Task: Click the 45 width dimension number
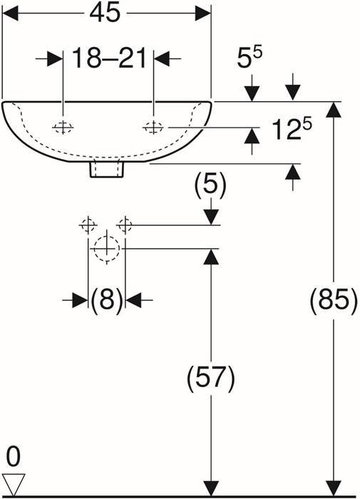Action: point(105,14)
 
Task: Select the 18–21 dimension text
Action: point(109,58)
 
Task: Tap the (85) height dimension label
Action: point(334,299)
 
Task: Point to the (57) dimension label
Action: point(211,377)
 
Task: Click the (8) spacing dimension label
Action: point(107,299)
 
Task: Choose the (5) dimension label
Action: point(211,184)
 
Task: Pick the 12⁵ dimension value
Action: point(292,128)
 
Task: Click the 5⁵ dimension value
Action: point(250,58)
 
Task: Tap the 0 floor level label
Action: point(14,457)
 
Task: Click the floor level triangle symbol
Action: point(14,484)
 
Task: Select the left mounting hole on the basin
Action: point(63,128)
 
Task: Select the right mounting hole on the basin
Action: point(153,128)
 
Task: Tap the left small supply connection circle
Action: point(88,225)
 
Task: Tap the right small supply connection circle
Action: point(125,225)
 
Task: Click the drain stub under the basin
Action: point(107,170)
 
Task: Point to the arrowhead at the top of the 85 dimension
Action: point(334,109)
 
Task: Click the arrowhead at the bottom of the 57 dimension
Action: point(211,488)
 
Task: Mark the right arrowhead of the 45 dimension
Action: point(203,14)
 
